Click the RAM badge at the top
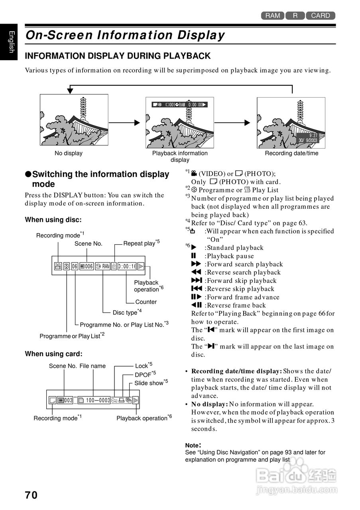pyautogui.click(x=273, y=16)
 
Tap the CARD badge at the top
pyautogui.click(x=321, y=16)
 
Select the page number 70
pyautogui.click(x=31, y=495)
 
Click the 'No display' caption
pyautogui.click(x=69, y=153)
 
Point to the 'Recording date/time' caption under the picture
pyautogui.click(x=291, y=153)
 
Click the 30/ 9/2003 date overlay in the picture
pyautogui.click(x=308, y=140)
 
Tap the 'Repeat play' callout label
pyautogui.click(x=139, y=243)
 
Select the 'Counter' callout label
pyautogui.click(x=146, y=302)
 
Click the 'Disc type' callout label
pyautogui.click(x=125, y=313)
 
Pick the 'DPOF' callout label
pyautogui.click(x=142, y=375)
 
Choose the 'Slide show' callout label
pyautogui.click(x=149, y=383)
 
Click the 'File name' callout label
pyautogui.click(x=92, y=366)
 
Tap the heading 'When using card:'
pyautogui.click(x=53, y=354)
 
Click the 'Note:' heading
pyautogui.click(x=193, y=445)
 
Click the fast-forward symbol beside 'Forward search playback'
pyautogui.click(x=196, y=264)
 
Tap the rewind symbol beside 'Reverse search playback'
pyautogui.click(x=196, y=273)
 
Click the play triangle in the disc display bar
pyautogui.click(x=140, y=266)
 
